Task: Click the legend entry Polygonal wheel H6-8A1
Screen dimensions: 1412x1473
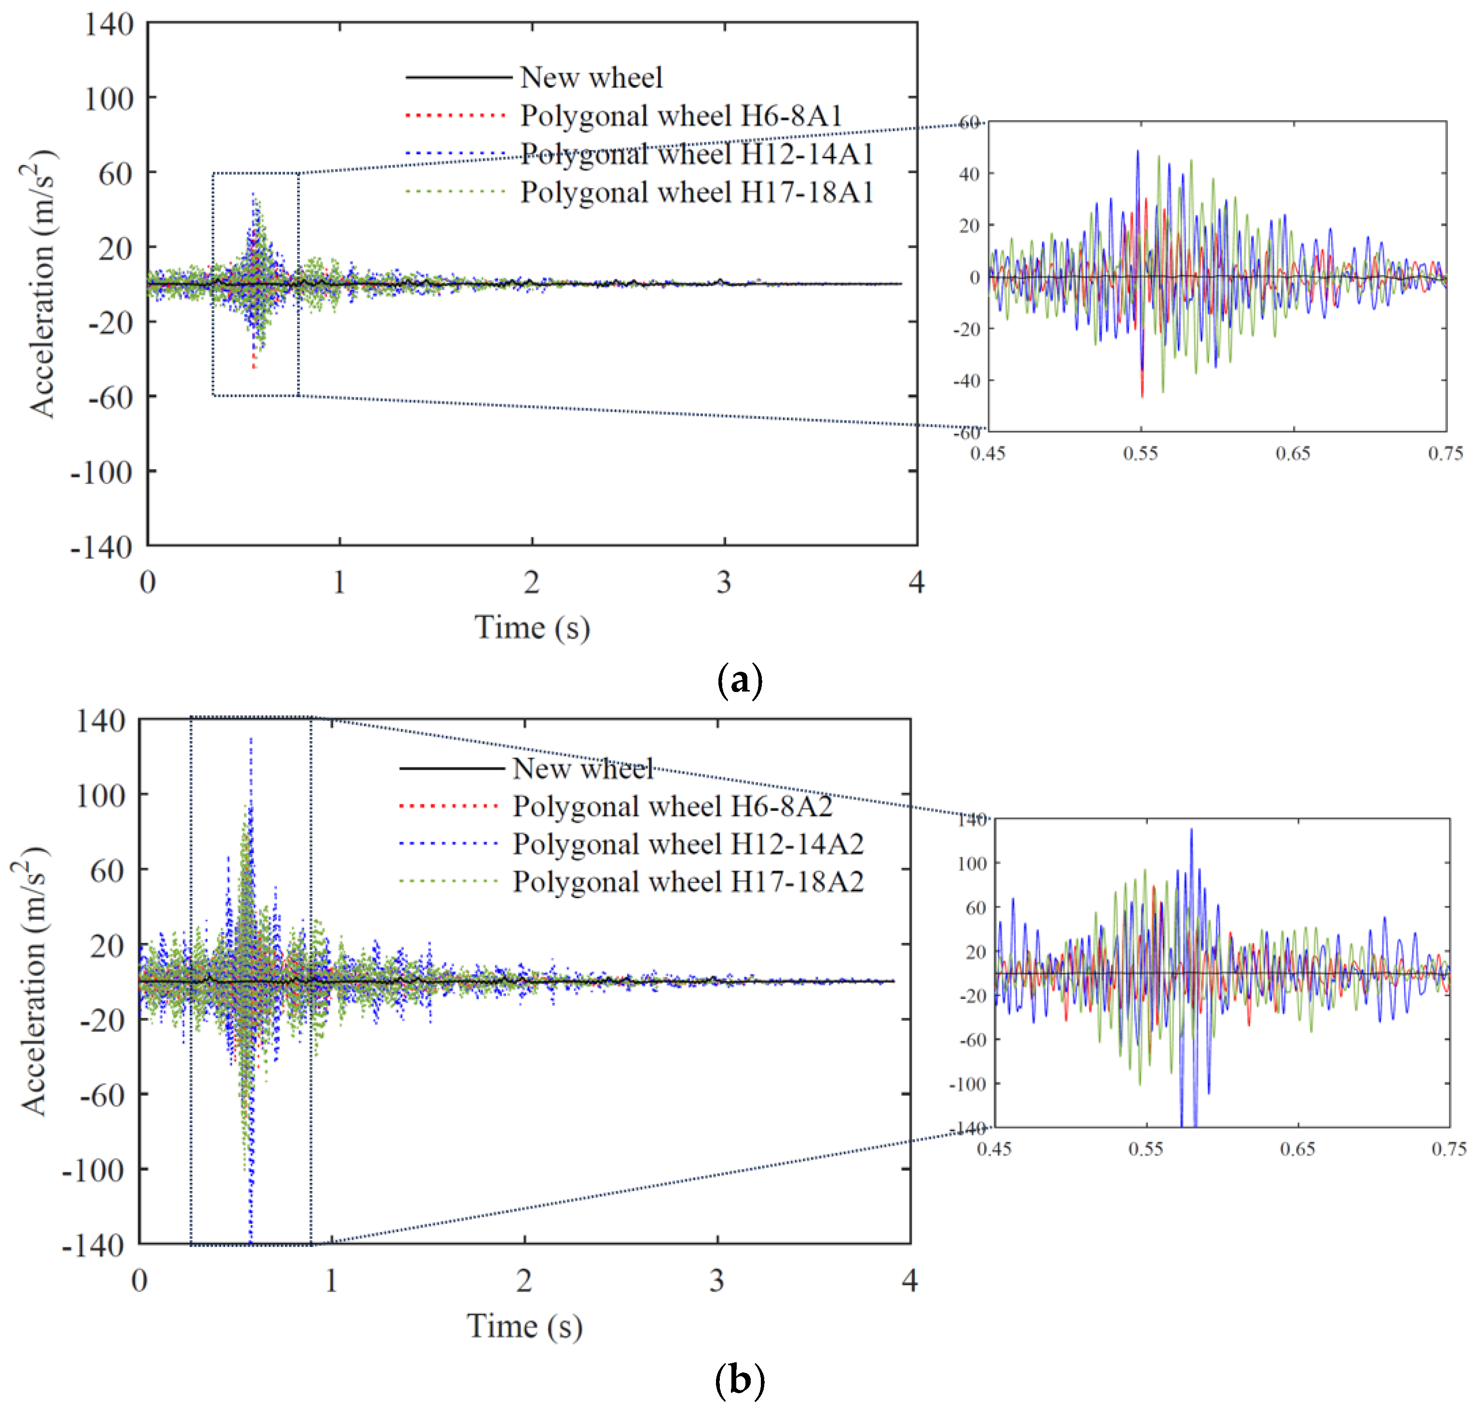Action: pos(680,116)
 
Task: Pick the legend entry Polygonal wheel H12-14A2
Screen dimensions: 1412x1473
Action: pos(688,844)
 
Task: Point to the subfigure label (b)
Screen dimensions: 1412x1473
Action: pos(740,1379)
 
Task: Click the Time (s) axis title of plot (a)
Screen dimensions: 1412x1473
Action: pos(532,627)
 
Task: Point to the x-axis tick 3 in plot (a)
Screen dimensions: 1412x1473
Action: pos(724,582)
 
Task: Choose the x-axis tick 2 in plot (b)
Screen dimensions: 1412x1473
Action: pos(524,1280)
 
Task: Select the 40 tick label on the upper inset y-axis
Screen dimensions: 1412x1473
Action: pos(969,174)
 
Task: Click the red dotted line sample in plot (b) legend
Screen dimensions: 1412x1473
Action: pos(449,806)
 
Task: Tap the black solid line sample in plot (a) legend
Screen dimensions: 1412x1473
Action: pos(458,77)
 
